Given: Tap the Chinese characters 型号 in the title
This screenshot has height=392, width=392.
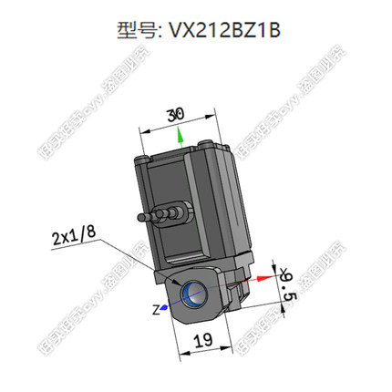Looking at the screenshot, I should [137, 32].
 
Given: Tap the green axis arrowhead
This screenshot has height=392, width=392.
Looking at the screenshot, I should [181, 136].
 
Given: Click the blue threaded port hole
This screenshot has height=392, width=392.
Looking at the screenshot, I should [194, 294].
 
